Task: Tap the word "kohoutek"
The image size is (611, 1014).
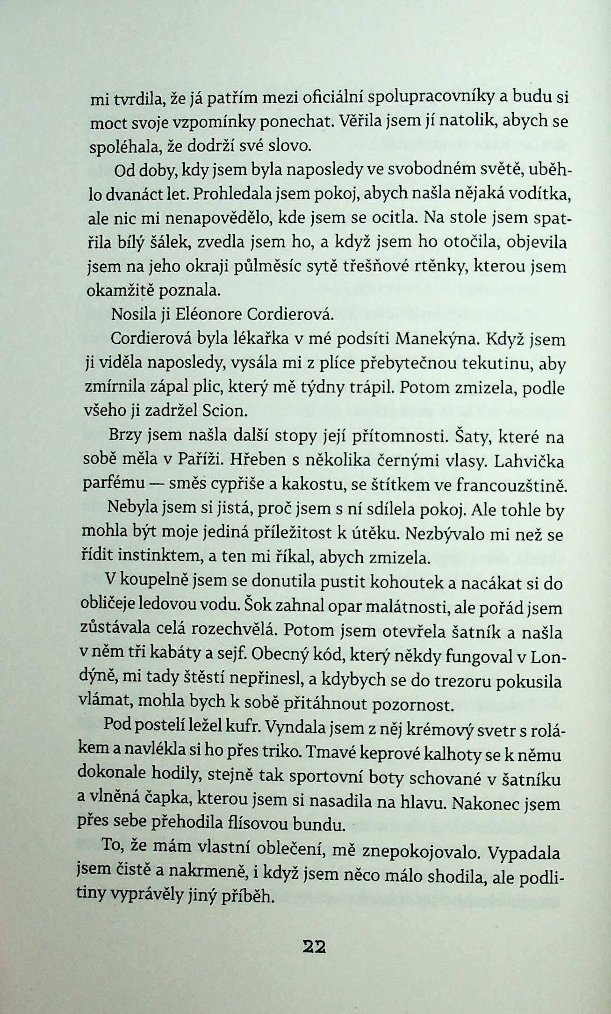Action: click(x=378, y=582)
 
